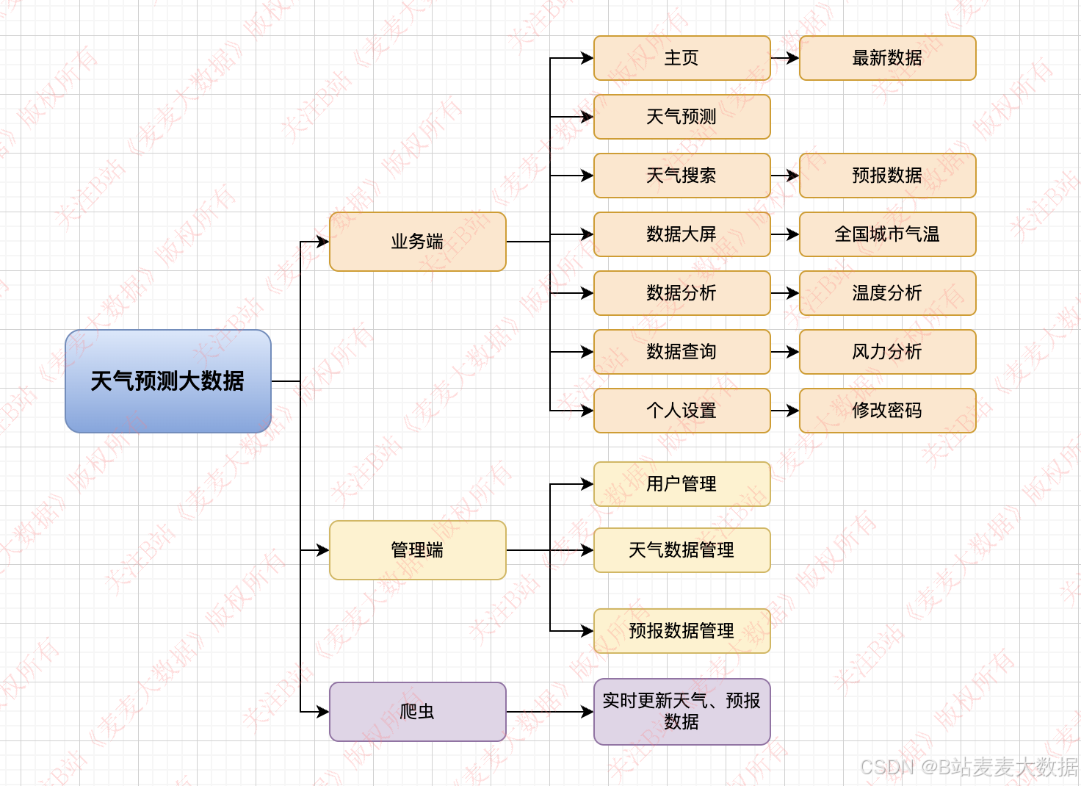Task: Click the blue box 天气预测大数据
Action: click(168, 381)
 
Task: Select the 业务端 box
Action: click(417, 242)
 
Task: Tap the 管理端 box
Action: click(417, 550)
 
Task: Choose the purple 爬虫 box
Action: click(417, 712)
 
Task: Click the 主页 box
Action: click(681, 58)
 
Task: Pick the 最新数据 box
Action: click(887, 58)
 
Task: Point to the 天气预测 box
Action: click(681, 117)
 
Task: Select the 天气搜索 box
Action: click(681, 176)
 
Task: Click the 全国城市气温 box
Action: click(887, 234)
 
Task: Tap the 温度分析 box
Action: click(887, 293)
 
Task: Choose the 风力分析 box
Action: click(887, 352)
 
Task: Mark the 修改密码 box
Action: click(887, 411)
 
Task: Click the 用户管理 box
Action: click(681, 484)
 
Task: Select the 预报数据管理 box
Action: click(681, 631)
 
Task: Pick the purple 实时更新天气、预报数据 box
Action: click(681, 712)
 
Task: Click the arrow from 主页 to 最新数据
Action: click(784, 58)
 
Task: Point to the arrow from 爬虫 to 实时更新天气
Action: click(549, 712)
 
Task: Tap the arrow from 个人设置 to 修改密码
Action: click(784, 411)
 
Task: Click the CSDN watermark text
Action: click(969, 767)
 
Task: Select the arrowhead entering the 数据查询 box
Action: click(587, 352)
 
